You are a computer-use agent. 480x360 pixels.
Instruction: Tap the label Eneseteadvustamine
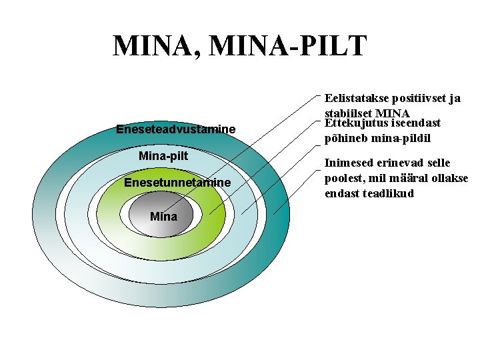pyautogui.click(x=175, y=129)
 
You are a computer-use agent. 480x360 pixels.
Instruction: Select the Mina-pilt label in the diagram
pyautogui.click(x=163, y=156)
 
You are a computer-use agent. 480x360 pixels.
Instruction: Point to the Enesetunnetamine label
pyautogui.click(x=177, y=183)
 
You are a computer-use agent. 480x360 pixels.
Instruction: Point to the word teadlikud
pyautogui.click(x=390, y=193)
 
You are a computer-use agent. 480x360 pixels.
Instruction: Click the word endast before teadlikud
pyautogui.click(x=343, y=193)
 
